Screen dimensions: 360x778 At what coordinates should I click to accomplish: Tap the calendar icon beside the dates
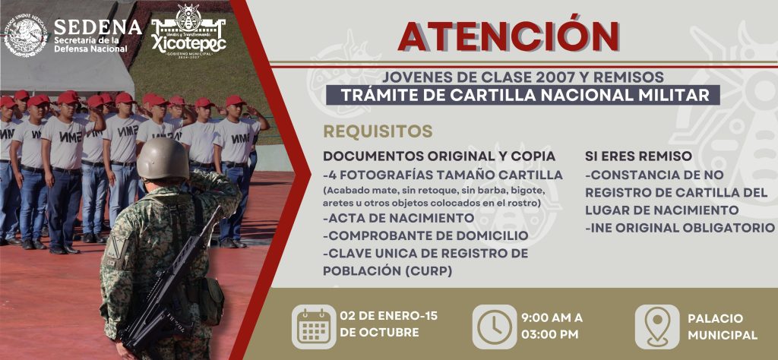(313, 326)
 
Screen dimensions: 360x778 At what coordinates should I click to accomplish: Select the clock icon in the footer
(494, 326)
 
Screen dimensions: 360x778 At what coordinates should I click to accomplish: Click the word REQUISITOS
(378, 131)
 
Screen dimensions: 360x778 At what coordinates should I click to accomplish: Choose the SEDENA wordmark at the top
(97, 27)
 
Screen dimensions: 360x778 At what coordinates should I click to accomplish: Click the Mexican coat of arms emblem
(25, 35)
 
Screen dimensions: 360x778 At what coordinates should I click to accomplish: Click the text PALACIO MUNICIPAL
(722, 327)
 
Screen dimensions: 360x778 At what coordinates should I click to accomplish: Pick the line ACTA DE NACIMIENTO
(399, 218)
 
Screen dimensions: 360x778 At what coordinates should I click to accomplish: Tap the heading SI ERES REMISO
(638, 156)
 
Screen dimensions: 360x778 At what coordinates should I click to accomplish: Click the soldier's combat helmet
(163, 158)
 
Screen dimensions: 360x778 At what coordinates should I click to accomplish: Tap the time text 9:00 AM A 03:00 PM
(552, 326)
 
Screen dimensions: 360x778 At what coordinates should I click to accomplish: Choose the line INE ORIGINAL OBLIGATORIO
(679, 227)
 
